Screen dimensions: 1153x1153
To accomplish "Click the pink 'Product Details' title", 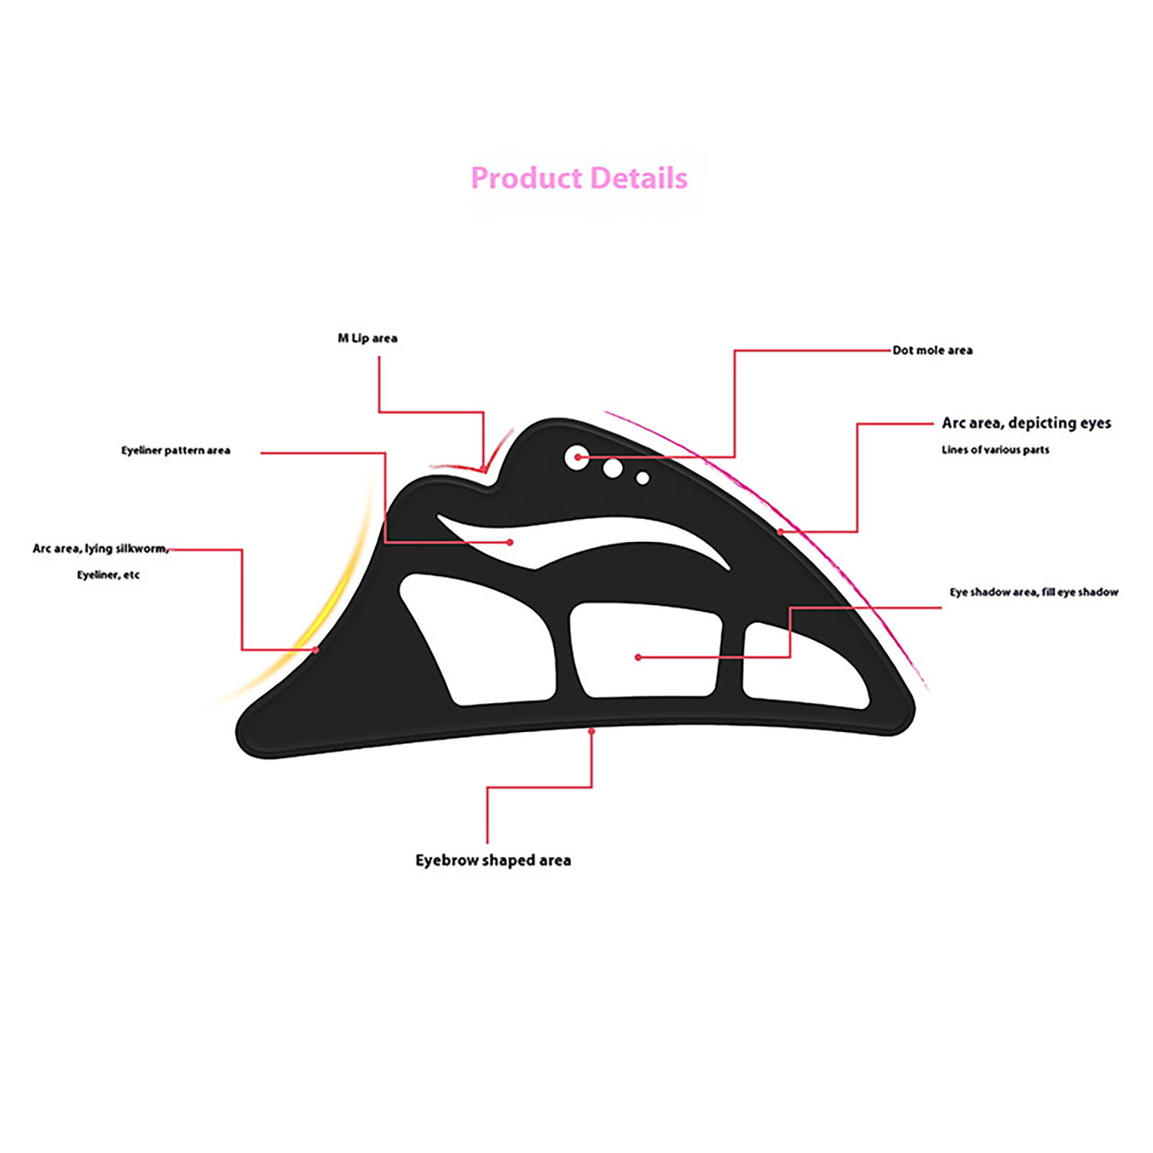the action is click(x=579, y=178).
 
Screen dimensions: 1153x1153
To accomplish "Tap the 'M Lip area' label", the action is click(x=368, y=338).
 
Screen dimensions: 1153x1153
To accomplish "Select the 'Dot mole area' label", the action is click(x=932, y=350).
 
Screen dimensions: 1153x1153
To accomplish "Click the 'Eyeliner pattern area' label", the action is click(x=176, y=450).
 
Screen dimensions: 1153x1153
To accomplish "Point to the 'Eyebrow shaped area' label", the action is click(x=493, y=860).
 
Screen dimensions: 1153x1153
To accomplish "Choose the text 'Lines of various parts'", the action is click(x=995, y=450).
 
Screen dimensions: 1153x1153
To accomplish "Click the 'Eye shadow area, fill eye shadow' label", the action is click(x=1034, y=592).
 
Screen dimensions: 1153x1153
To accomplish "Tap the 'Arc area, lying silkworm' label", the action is click(x=101, y=548).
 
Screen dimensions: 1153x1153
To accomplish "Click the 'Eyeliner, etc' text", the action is click(x=108, y=574).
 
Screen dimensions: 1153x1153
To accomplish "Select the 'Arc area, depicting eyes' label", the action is click(x=1026, y=423).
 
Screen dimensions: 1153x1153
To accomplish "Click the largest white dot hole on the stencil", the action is click(x=576, y=458).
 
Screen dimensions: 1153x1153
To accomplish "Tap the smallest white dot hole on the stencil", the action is click(x=643, y=478).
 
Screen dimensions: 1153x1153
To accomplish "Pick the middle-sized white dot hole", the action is click(x=613, y=468).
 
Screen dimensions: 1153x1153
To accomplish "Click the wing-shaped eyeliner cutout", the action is click(x=548, y=537).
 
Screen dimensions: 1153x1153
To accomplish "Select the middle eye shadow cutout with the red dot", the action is click(x=646, y=651).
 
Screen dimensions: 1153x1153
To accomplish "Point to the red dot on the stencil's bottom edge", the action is click(x=592, y=731).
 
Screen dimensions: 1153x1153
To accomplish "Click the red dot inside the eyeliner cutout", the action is click(x=510, y=542).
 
